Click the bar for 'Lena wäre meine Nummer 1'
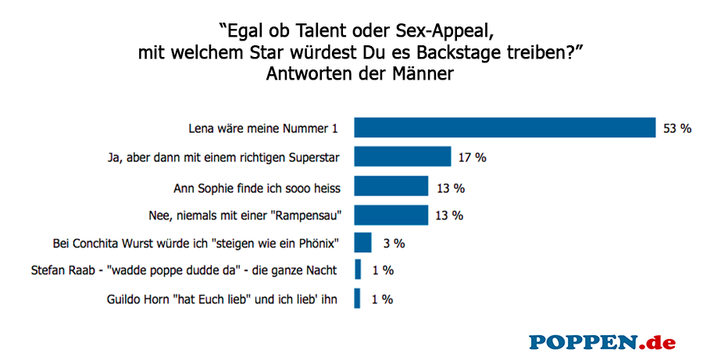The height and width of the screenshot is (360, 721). pos(505,128)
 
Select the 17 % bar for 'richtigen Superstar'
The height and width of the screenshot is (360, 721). pos(402,157)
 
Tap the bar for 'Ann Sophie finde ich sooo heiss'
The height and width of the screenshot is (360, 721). pos(391,186)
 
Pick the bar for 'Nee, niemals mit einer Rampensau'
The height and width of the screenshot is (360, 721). pos(391,214)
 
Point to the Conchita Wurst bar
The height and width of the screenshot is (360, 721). pos(363,243)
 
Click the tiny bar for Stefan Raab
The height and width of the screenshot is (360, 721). pos(358,270)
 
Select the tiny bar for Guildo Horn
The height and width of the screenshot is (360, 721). pos(358,298)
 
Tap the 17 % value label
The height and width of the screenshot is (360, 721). pos(473,157)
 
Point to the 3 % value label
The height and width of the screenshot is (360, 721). pos(393,243)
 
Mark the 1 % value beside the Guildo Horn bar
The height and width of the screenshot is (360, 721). pos(382,298)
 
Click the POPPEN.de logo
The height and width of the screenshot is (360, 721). pos(601,341)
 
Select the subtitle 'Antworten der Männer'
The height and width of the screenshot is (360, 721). pos(360,75)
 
